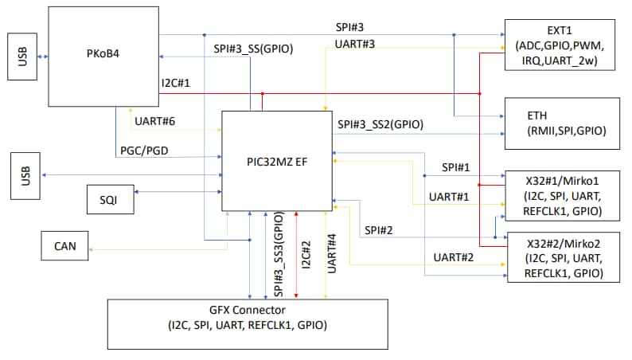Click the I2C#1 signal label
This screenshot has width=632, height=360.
[176, 84]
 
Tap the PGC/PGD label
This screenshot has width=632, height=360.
[143, 149]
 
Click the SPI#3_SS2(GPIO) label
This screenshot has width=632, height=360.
[380, 124]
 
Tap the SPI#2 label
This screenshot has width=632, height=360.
[381, 230]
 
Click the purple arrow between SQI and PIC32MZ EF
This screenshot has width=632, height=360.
[178, 191]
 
